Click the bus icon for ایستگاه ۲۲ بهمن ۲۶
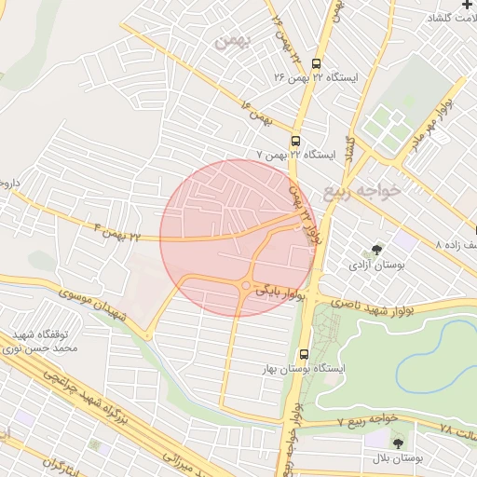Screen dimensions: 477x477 pyautogui.click(x=316, y=64)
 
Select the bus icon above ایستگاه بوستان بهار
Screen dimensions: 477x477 pyautogui.click(x=305, y=354)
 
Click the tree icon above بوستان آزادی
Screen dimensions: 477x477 pyautogui.click(x=376, y=250)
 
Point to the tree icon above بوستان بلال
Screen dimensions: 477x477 pyautogui.click(x=399, y=444)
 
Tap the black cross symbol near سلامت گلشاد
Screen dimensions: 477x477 pyautogui.click(x=467, y=6)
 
